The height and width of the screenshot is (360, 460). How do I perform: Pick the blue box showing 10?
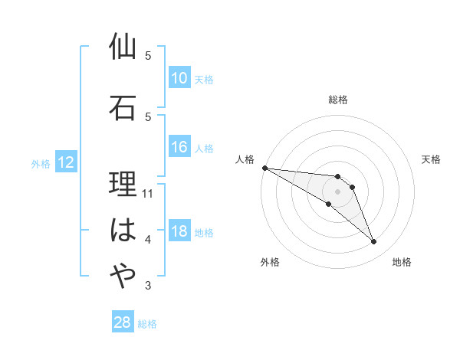click(x=179, y=78)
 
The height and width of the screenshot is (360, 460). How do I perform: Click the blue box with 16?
click(x=179, y=147)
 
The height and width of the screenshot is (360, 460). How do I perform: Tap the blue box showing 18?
click(x=179, y=232)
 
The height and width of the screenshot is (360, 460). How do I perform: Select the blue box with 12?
click(x=65, y=162)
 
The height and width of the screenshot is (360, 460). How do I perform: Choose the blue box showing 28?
click(x=122, y=322)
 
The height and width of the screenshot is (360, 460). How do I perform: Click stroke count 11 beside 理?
click(x=149, y=194)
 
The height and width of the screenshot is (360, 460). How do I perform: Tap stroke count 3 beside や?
click(x=148, y=286)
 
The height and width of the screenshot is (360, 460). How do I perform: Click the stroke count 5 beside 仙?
click(x=148, y=56)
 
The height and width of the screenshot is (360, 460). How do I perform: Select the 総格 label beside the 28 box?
click(x=147, y=324)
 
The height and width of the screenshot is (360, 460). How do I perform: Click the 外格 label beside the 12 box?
click(x=41, y=163)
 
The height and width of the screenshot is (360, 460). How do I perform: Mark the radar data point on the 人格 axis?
click(x=264, y=167)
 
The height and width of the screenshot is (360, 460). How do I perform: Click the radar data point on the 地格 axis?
click(x=373, y=242)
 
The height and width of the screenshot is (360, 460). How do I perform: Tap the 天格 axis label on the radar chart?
click(x=432, y=159)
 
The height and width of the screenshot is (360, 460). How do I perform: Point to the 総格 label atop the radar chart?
click(x=337, y=100)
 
